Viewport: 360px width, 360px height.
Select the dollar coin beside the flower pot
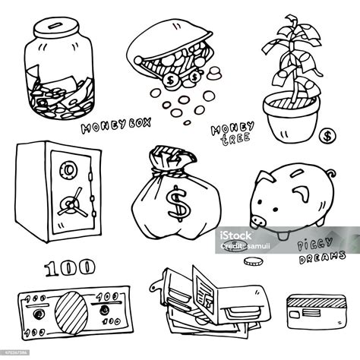pyautogui.click(x=327, y=137)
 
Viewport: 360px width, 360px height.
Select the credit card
pyautogui.click(x=319, y=311)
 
